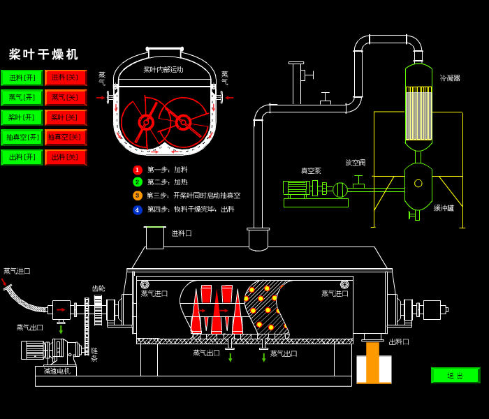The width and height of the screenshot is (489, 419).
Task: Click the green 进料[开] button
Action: click(x=22, y=78)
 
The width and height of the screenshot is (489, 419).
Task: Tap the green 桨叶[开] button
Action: click(x=22, y=117)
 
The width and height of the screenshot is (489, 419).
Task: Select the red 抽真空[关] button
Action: click(x=66, y=138)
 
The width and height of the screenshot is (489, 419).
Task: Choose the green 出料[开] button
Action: click(x=22, y=157)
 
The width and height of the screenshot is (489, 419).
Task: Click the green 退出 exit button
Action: click(x=455, y=375)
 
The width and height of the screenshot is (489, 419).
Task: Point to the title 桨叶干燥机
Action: click(x=43, y=54)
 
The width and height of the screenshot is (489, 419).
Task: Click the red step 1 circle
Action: click(x=138, y=170)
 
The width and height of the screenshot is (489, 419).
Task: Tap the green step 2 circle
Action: click(x=138, y=182)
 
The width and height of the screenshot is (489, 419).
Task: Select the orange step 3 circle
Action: click(x=138, y=196)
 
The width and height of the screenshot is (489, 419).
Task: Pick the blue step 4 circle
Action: click(x=138, y=209)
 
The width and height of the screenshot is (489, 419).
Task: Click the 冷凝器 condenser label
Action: click(x=450, y=78)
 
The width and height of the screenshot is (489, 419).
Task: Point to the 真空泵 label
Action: click(x=311, y=170)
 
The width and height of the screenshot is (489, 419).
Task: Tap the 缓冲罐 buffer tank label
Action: click(x=444, y=208)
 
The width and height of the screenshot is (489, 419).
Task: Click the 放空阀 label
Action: click(x=355, y=163)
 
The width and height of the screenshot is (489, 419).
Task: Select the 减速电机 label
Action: click(x=57, y=371)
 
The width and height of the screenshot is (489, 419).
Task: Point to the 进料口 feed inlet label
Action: click(x=182, y=233)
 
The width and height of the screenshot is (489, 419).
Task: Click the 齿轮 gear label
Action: click(x=98, y=288)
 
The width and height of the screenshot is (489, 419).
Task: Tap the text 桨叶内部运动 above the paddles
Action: click(x=163, y=70)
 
